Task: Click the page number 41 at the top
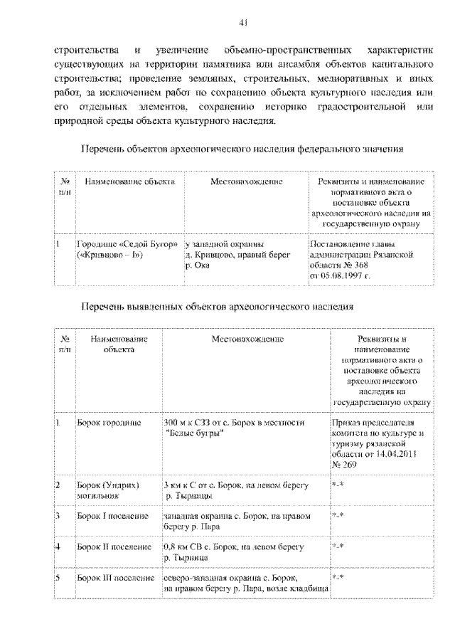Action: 243,24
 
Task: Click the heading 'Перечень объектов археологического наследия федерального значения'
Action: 242,150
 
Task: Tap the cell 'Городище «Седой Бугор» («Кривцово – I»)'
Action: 120,249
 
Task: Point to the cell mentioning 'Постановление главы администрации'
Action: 361,259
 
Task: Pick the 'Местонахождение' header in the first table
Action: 246,182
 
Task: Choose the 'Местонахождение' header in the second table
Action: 247,339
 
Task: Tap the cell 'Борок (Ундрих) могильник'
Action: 107,490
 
